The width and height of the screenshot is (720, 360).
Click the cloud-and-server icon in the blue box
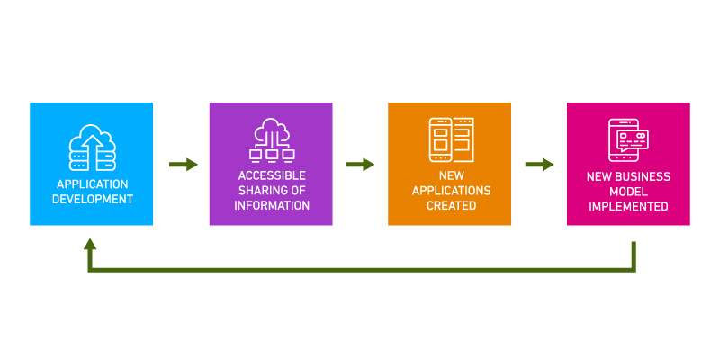(92, 148)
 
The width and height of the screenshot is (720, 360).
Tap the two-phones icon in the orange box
(451, 139)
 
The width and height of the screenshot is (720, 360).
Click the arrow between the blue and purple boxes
(184, 165)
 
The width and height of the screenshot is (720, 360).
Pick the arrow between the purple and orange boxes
(360, 165)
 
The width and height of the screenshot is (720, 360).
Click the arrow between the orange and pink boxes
(539, 165)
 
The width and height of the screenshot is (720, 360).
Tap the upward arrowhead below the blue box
(90, 245)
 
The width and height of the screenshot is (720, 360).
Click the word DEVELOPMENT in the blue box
(92, 199)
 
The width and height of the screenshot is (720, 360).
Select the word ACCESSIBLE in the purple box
(272, 175)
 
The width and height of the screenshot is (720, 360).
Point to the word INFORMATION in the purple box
(272, 205)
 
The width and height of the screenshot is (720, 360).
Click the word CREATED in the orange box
(451, 206)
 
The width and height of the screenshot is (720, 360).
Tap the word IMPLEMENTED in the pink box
(628, 207)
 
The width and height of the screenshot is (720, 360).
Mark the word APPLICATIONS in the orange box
(451, 191)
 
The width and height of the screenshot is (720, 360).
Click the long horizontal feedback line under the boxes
(360, 269)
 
